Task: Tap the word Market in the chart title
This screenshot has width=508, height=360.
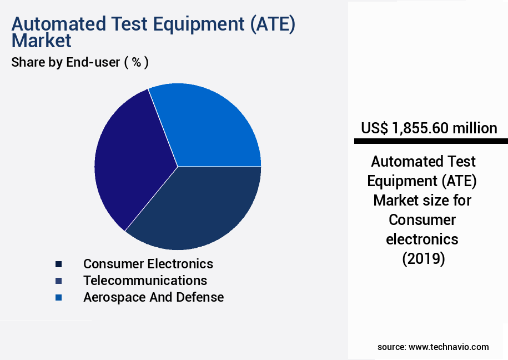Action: click(x=42, y=41)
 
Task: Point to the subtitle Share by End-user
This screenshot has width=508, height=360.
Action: click(x=66, y=62)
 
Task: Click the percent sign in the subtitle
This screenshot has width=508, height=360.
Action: click(x=136, y=62)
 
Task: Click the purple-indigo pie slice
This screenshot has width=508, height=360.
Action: click(x=130, y=161)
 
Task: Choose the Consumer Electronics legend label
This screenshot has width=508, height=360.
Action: click(x=148, y=263)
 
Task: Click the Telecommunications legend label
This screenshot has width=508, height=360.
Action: click(x=145, y=280)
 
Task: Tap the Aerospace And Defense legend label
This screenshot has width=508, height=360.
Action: click(x=153, y=297)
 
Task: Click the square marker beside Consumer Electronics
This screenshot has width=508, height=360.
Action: click(x=58, y=264)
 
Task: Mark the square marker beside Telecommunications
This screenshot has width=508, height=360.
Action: click(x=58, y=281)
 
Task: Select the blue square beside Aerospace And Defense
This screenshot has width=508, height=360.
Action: click(x=58, y=298)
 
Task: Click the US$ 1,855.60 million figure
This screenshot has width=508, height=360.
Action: click(x=429, y=128)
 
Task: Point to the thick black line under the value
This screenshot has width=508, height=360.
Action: click(x=431, y=142)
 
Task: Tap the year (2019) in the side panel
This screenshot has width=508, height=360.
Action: click(x=423, y=259)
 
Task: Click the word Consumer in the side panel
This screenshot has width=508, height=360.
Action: click(x=423, y=219)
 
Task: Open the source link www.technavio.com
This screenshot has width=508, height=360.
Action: click(x=449, y=347)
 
